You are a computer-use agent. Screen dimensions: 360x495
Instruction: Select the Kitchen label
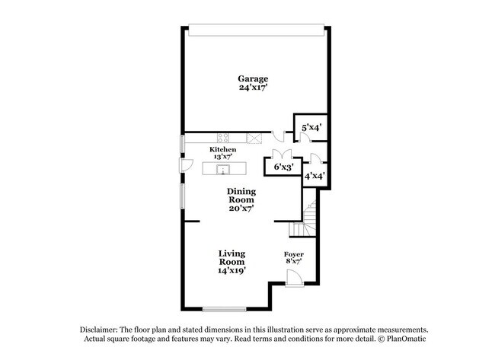223,150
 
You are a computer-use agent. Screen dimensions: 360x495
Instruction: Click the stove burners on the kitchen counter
224,138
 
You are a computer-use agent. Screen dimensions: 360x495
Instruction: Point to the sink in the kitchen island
224,168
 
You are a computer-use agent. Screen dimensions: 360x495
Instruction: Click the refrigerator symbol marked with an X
255,138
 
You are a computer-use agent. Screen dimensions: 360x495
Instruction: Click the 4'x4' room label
315,176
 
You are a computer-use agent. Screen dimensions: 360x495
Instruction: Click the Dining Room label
241,196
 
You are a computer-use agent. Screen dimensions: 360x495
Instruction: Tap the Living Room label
232,257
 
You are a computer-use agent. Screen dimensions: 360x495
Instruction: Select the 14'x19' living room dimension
232,269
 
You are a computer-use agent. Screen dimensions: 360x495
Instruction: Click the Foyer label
294,254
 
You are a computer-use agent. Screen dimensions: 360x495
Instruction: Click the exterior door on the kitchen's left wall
184,164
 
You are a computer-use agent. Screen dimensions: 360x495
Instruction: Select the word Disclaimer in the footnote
101,329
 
